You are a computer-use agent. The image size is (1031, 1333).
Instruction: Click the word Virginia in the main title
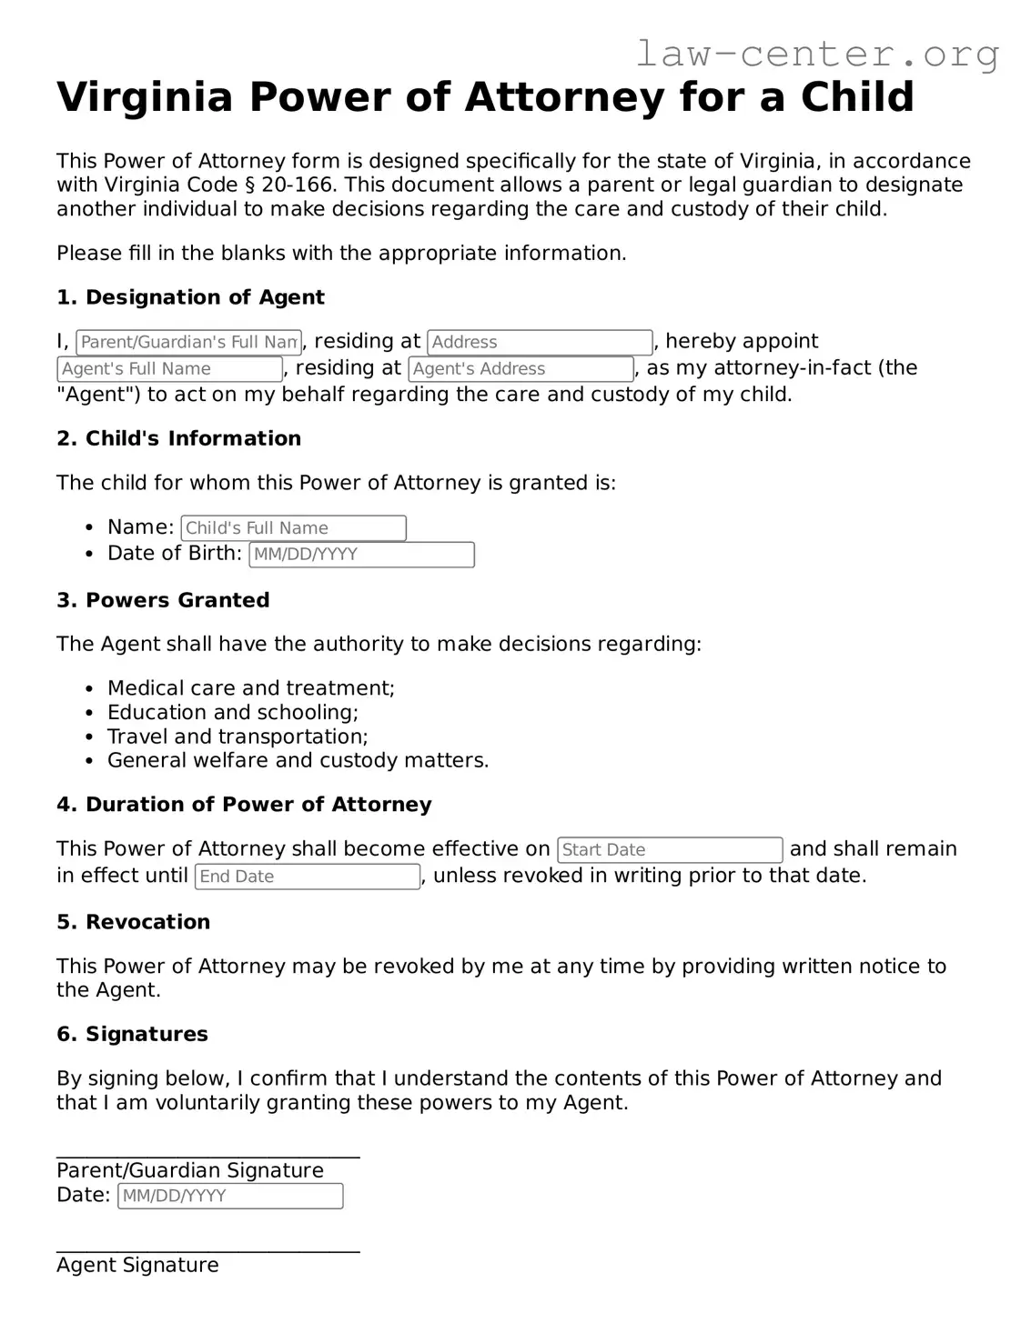145,96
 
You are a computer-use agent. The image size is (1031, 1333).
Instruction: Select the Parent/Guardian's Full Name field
188,342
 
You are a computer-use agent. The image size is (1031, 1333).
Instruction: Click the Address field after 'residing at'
540,342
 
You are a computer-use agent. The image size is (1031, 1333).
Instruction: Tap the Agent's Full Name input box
169,368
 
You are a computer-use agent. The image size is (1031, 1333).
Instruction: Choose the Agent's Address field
521,368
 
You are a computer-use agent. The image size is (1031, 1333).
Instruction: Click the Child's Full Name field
293,527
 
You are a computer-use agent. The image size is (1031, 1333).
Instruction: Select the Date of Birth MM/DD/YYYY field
361,554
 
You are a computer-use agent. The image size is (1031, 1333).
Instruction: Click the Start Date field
670,849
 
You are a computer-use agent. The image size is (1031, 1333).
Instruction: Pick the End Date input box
308,876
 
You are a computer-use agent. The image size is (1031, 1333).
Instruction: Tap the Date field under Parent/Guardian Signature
230,1196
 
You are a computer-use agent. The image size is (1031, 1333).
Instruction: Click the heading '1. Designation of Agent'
190,297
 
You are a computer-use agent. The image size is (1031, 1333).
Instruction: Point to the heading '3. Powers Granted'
163,600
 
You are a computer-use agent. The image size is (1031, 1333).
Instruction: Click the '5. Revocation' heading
133,922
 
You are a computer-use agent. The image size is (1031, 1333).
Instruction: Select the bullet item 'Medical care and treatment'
250,688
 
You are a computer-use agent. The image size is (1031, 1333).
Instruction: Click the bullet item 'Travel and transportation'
237,737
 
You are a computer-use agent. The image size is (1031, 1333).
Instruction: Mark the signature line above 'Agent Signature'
207,1252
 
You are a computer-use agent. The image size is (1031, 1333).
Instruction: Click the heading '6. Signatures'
132,1034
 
